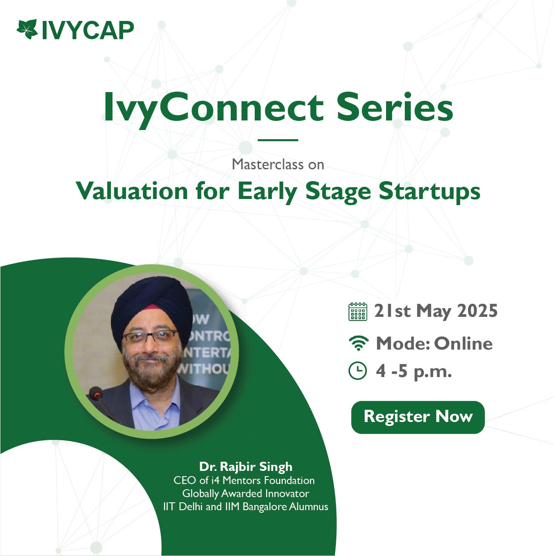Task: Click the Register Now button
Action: (x=417, y=417)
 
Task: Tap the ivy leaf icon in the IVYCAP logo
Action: (x=27, y=29)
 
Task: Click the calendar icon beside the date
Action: (x=358, y=312)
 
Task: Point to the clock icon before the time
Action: (x=358, y=371)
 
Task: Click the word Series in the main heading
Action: (x=395, y=107)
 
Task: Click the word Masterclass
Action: (x=264, y=165)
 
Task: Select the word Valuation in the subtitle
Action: (x=132, y=191)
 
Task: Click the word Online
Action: (x=463, y=343)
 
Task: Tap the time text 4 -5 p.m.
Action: (x=414, y=372)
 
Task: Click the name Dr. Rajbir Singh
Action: (x=246, y=467)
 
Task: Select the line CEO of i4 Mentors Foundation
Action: (x=244, y=480)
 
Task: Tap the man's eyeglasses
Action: (x=150, y=336)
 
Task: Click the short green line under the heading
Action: (x=277, y=140)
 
